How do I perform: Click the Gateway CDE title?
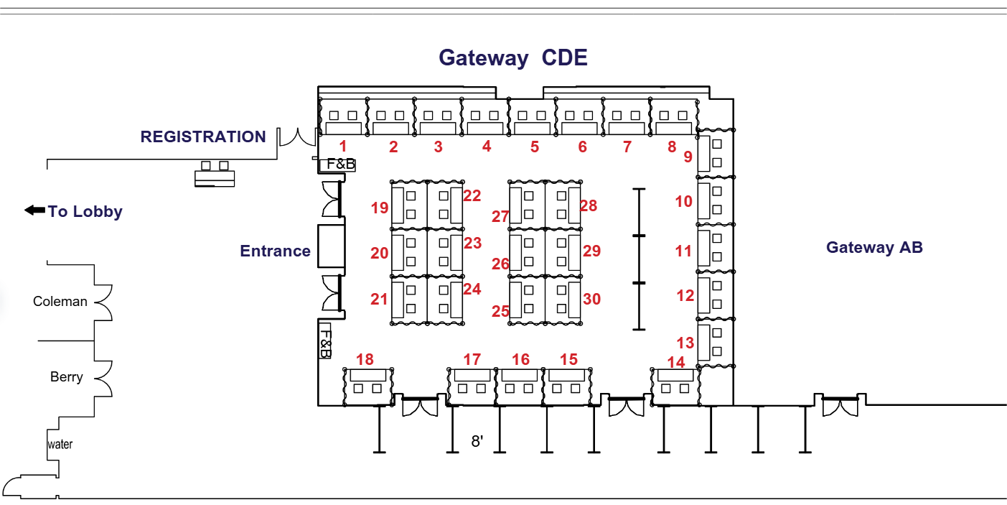pyautogui.click(x=513, y=57)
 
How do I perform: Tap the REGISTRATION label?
pyautogui.click(x=203, y=136)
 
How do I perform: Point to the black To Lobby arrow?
pyautogui.click(x=34, y=210)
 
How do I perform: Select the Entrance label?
pyautogui.click(x=275, y=251)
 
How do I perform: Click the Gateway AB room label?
pyautogui.click(x=874, y=248)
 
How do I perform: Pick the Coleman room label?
pyautogui.click(x=60, y=302)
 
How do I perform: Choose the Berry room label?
pyautogui.click(x=67, y=377)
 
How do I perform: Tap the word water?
pyautogui.click(x=60, y=445)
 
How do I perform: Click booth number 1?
pyautogui.click(x=343, y=147)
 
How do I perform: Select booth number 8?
pyautogui.click(x=672, y=147)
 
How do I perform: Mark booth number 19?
pyautogui.click(x=380, y=208)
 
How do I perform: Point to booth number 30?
pyautogui.click(x=591, y=299)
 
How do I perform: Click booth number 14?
pyautogui.click(x=676, y=362)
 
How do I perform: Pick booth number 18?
pyautogui.click(x=365, y=359)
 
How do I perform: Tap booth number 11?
pyautogui.click(x=683, y=251)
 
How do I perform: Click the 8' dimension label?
pyautogui.click(x=477, y=441)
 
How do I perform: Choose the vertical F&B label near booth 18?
pyautogui.click(x=325, y=343)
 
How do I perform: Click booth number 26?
pyautogui.click(x=500, y=264)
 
